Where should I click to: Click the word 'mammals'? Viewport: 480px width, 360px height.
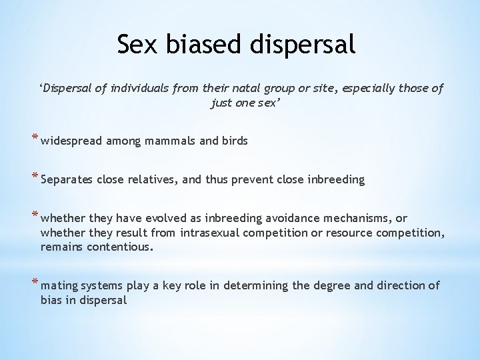click(165, 141)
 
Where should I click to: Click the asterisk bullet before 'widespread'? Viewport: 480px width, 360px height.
click(35, 139)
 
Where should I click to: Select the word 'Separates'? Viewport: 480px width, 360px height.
click(67, 179)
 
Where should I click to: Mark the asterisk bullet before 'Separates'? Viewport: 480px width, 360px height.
click(35, 178)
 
